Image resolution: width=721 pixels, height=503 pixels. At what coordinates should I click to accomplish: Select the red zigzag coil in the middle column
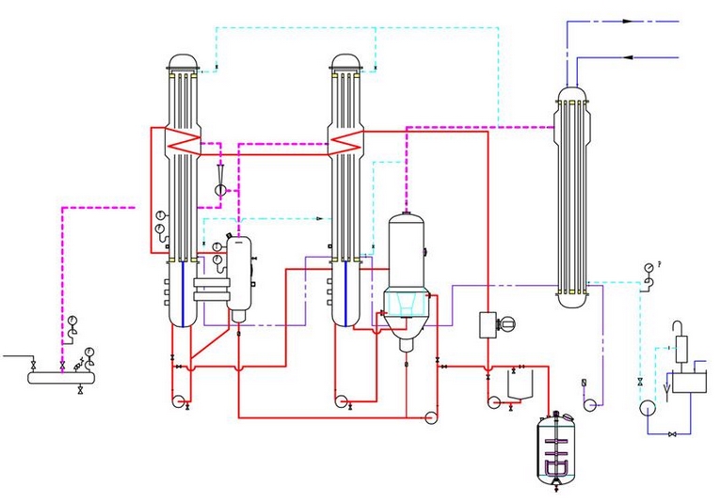pos(345,142)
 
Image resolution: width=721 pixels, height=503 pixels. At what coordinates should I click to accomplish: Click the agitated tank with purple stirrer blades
pos(557,448)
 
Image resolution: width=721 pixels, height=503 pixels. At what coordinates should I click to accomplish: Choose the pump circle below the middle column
pos(341,401)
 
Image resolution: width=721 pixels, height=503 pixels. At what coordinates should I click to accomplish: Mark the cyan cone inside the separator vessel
pos(404,300)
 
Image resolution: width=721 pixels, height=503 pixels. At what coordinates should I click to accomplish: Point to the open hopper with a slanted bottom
pos(518,383)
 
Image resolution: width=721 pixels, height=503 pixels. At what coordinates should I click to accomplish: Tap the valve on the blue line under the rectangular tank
pos(671,433)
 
